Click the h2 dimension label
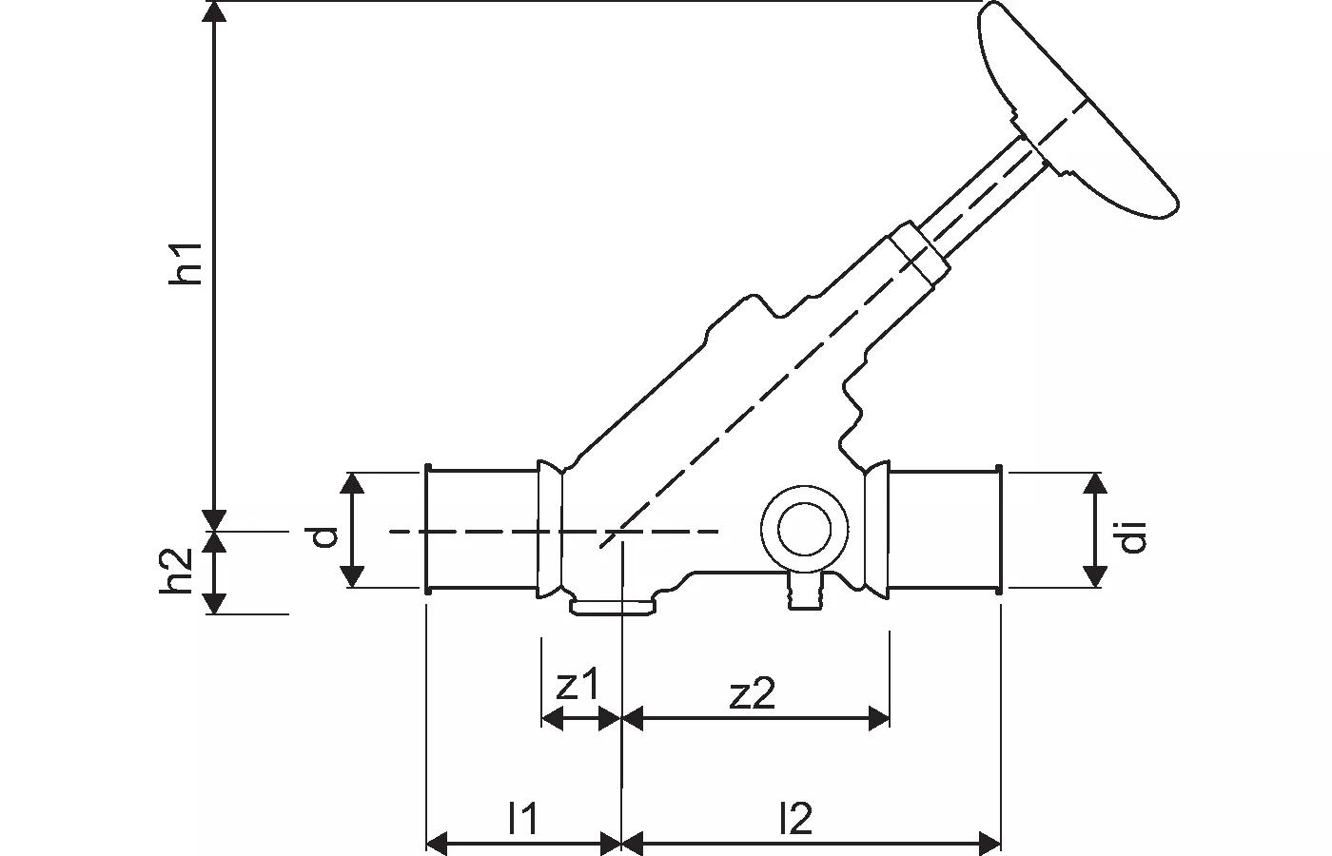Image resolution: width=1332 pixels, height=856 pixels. point(177,572)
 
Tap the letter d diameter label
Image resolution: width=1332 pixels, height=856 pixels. point(325,537)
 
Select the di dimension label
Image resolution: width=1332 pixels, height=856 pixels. point(1131,536)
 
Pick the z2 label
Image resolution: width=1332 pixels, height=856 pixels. point(753,694)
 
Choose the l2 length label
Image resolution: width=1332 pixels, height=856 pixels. point(795,818)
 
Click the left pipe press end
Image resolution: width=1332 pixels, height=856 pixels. point(481,530)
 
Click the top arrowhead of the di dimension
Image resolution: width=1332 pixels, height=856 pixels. point(1096,483)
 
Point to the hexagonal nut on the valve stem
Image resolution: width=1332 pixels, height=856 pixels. point(919,252)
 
